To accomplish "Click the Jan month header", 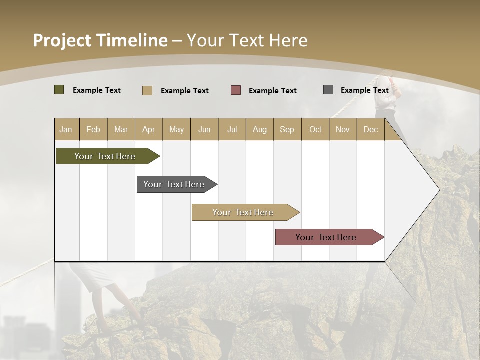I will tap(66, 129).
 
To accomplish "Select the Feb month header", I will tap(93, 129).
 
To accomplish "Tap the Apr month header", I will tap(148, 129).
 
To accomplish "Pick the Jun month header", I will tap(204, 129).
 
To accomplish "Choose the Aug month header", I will tap(259, 129).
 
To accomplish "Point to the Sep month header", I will tap(287, 129).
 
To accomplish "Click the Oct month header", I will tap(315, 129).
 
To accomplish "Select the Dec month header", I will tap(370, 129).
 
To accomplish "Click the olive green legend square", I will tap(59, 90).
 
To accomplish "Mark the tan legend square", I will tap(147, 90).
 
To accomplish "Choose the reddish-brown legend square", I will tap(236, 90).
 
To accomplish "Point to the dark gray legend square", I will tap(328, 90).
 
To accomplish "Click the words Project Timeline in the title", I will tap(100, 40).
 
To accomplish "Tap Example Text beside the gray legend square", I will tap(364, 90).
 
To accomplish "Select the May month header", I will tap(176, 129).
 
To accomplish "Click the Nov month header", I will tap(342, 129).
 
